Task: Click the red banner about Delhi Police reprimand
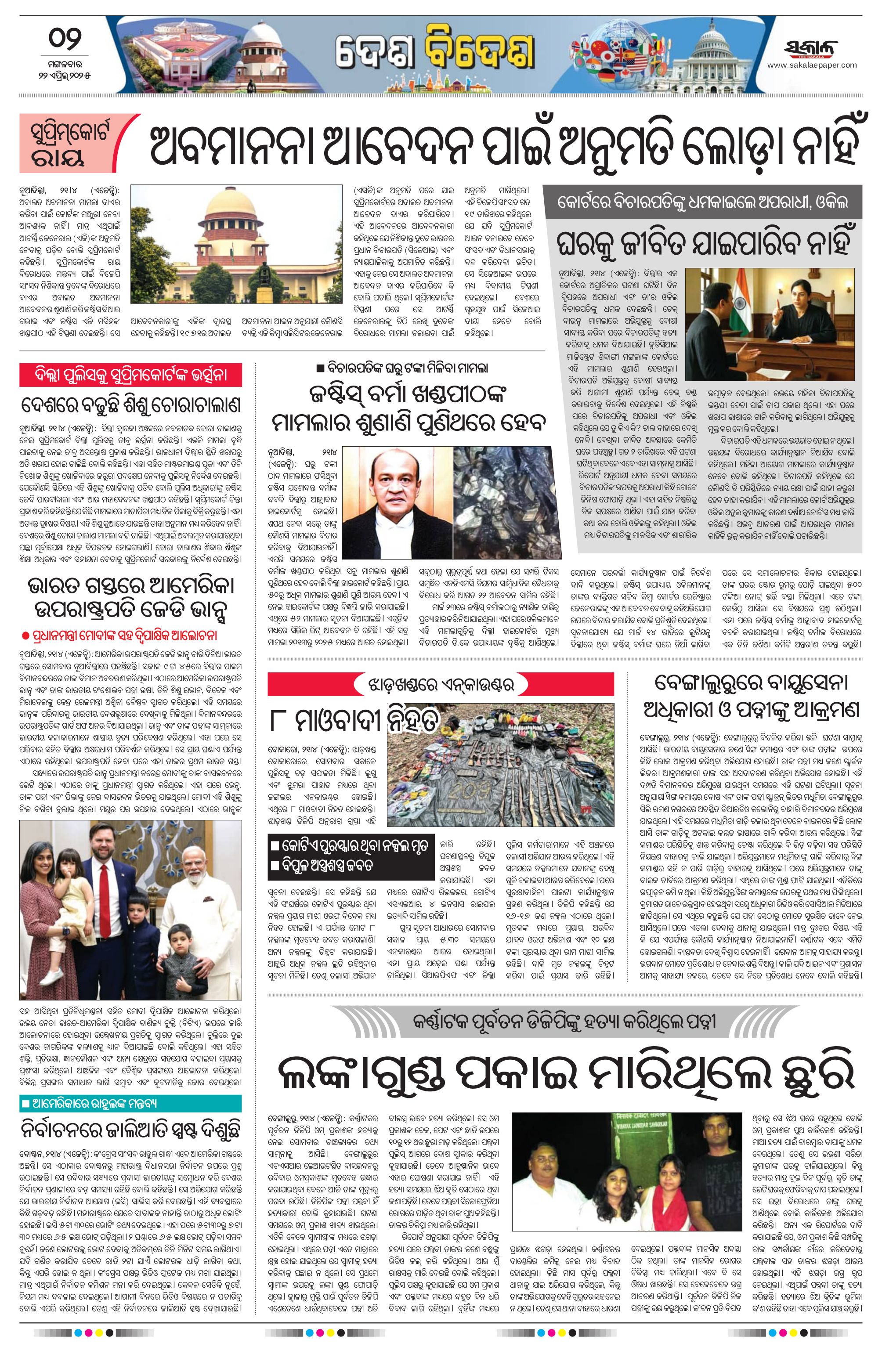[x=131, y=376]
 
